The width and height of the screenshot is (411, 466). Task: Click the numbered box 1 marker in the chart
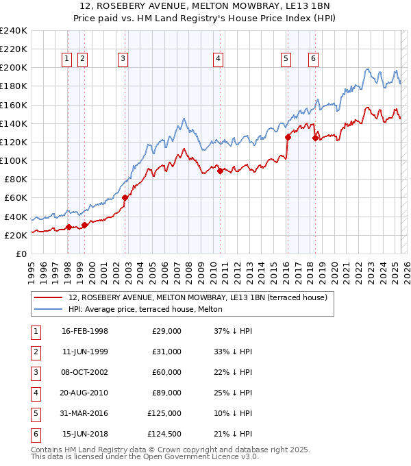[67, 59]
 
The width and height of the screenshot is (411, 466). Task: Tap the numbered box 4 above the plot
[218, 59]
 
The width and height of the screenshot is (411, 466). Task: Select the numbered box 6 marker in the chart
[313, 59]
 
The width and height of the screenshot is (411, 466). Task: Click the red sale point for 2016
[288, 137]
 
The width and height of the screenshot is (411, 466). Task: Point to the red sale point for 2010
[220, 171]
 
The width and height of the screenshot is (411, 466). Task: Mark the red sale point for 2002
[125, 197]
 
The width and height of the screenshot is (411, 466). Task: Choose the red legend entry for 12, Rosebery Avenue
[198, 297]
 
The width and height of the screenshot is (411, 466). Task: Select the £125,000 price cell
[164, 413]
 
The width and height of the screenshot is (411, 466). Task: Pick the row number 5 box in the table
[36, 413]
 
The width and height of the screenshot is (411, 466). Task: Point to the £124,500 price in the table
[164, 434]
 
